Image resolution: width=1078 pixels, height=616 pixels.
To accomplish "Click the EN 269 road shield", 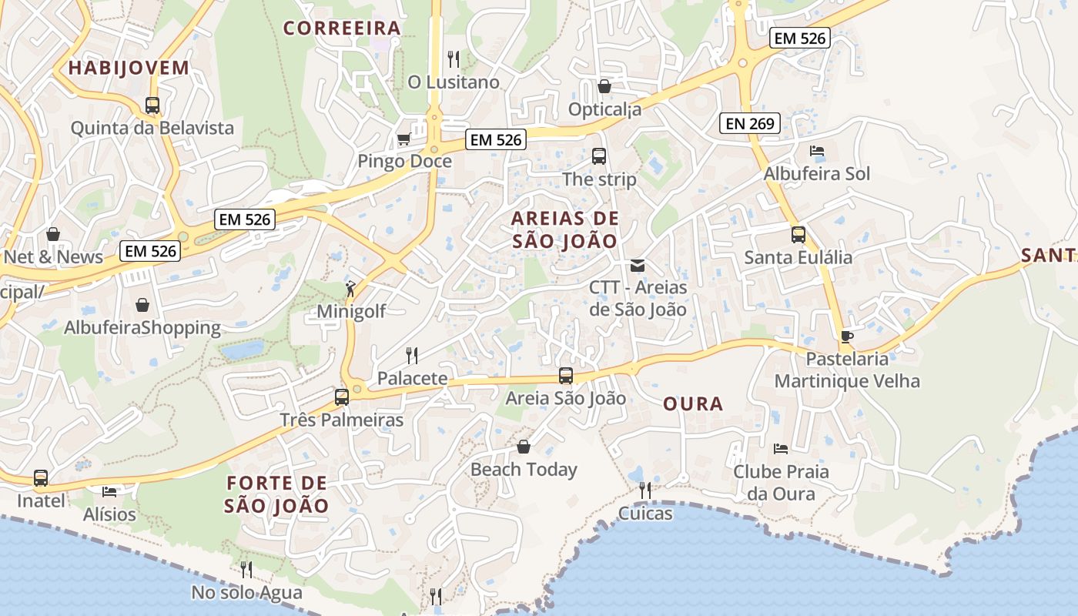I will point(750,122).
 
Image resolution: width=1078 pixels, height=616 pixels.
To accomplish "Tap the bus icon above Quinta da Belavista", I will point(152,105).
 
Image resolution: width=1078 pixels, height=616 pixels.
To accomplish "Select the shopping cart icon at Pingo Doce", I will point(403,139).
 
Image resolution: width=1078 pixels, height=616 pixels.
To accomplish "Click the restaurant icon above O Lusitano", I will point(454,59).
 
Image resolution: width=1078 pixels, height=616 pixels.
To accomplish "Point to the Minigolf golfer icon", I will point(351,289).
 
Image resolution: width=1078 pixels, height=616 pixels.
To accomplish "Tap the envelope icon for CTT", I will point(638,266).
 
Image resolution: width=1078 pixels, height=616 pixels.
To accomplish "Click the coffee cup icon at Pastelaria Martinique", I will point(847,336).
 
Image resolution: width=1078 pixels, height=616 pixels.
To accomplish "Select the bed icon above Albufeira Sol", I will point(817,151).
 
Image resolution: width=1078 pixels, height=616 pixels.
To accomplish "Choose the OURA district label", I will point(693,404).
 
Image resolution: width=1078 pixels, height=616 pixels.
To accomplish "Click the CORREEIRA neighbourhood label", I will point(342,28).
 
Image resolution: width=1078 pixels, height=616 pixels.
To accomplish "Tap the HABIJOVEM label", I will point(129,68).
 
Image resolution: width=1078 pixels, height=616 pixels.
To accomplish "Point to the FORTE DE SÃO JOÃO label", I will point(277,494).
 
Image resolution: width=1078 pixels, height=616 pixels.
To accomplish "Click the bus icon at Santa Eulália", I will point(798,235).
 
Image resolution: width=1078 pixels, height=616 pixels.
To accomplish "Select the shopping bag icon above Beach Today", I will point(524,447).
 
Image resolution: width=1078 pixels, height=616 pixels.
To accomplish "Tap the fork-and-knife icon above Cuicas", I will point(645,490).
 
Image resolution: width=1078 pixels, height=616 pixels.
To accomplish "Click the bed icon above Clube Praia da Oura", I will point(781,448).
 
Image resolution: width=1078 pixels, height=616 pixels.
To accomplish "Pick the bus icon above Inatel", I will point(41,478).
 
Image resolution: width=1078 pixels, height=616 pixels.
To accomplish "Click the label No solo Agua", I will point(246,594).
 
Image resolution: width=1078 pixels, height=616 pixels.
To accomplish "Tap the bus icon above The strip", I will point(599,156).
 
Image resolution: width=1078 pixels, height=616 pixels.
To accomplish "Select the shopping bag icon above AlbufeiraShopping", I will point(142,305).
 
